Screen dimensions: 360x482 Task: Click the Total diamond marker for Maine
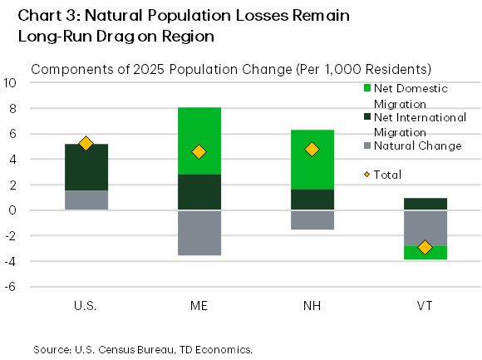pos(199,151)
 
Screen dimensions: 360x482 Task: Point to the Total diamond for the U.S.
pos(85,143)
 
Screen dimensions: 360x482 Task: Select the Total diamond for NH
pos(312,150)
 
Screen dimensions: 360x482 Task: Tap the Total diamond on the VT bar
pos(425,247)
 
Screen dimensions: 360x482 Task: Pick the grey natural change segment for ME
pos(199,233)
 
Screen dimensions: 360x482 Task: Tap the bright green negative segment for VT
pos(425,253)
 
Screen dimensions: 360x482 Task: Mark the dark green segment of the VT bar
pos(425,204)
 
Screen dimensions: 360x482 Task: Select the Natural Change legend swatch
pos(368,146)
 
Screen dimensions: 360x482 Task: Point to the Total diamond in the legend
pos(368,175)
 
